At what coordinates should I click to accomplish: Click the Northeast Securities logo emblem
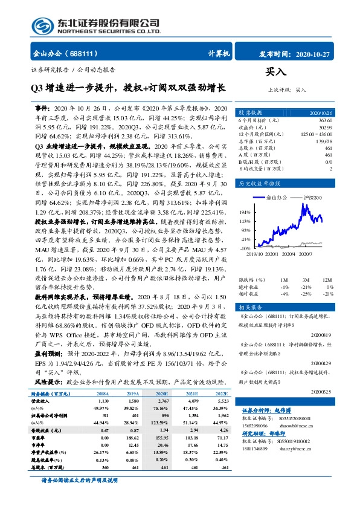42,25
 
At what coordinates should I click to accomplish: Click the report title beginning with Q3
127,88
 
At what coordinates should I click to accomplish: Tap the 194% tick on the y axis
246,212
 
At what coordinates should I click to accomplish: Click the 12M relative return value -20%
328,293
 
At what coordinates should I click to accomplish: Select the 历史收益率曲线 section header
258,182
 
